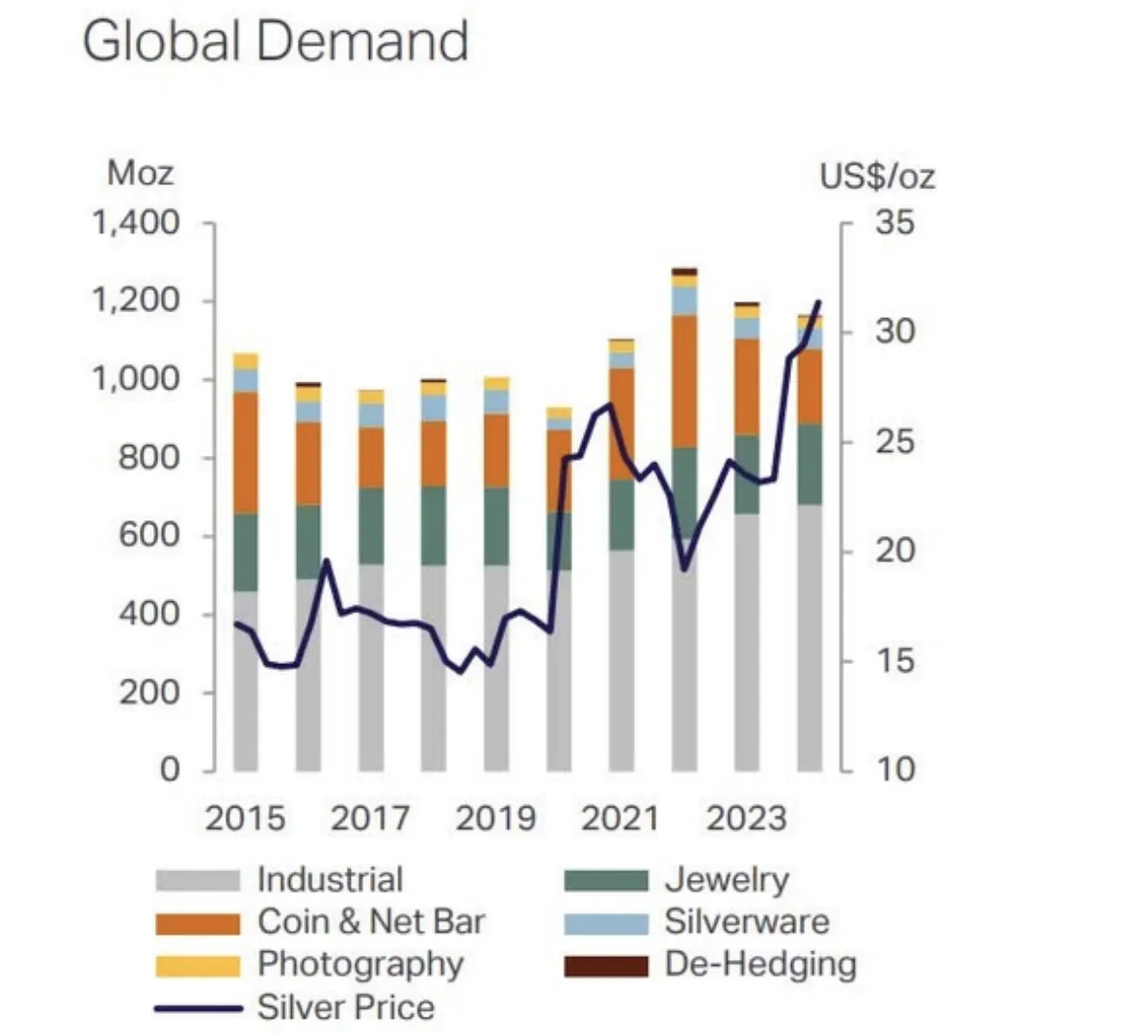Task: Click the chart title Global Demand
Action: coord(276,41)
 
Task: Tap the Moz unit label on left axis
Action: coord(141,173)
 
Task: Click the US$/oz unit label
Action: coord(877,176)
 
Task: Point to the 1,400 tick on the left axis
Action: coord(136,224)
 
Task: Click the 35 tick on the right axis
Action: coord(894,224)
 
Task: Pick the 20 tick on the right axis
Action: coord(894,551)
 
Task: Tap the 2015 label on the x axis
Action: coord(245,818)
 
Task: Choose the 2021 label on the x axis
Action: coord(621,818)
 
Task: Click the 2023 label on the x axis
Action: coord(746,818)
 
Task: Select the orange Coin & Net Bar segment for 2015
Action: coord(246,453)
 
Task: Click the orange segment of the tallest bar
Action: coord(684,381)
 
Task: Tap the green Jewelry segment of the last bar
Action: coord(809,464)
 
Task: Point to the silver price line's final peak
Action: coord(819,302)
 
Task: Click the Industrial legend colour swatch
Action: coord(198,881)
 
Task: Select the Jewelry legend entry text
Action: coord(726,880)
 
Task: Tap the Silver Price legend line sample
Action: coord(198,1008)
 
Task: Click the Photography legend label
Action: coord(359,965)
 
